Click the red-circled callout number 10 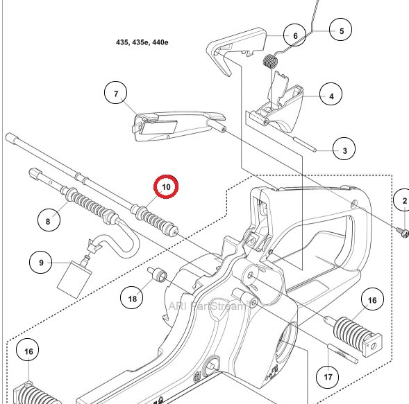tap(166, 187)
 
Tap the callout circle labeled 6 tap(294, 35)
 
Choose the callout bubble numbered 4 tap(331, 96)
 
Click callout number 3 tap(344, 148)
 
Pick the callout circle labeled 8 tap(48, 221)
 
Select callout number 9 tap(41, 263)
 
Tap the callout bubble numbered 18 tap(133, 298)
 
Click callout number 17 tap(328, 378)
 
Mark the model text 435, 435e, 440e tap(142, 42)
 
